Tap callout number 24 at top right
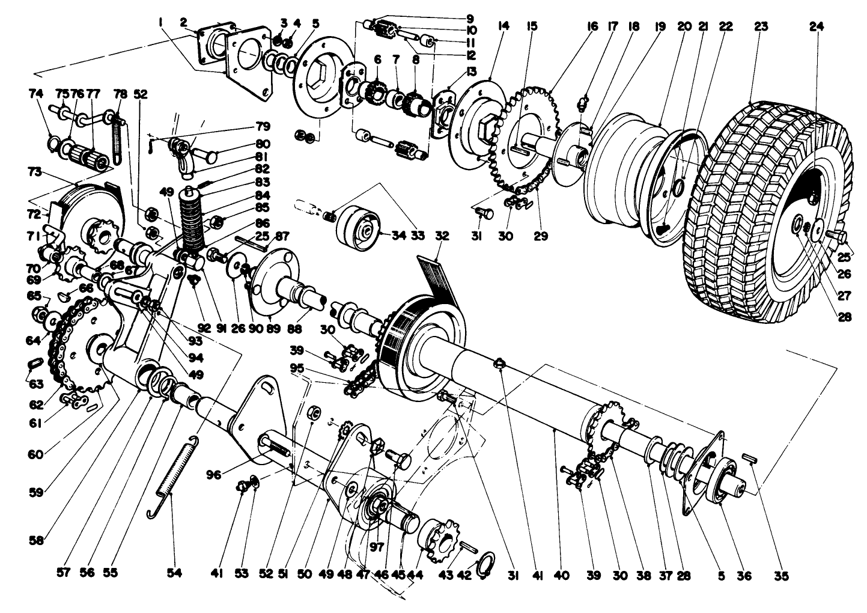[x=816, y=27]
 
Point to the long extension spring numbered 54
[x=173, y=475]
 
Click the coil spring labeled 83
[x=191, y=222]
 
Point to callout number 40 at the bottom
[x=561, y=575]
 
